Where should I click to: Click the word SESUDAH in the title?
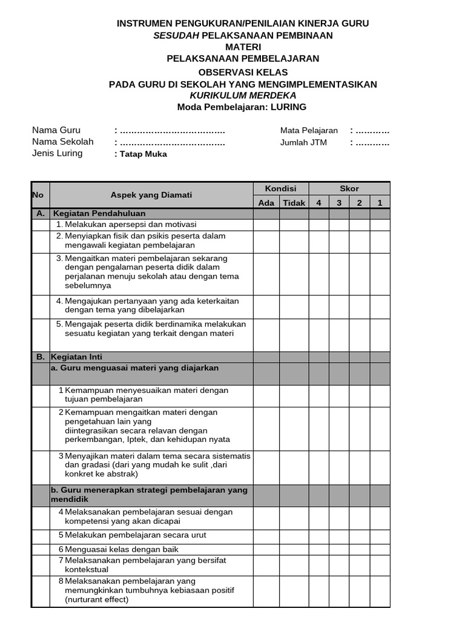[176, 35]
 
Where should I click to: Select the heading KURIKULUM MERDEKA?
[243, 96]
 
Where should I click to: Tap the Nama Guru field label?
[56, 130]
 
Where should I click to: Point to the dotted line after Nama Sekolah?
[173, 143]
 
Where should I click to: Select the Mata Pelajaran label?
[309, 131]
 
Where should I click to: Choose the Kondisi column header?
[281, 189]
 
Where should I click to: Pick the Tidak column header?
[294, 203]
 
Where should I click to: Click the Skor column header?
[349, 189]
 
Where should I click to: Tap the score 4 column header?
[318, 203]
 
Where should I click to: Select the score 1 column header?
[380, 203]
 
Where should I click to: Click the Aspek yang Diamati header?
[151, 195]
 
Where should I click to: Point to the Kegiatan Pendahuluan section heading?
[99, 214]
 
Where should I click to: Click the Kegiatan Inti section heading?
[81, 357]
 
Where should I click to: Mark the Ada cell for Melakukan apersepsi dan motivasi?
[266, 225]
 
